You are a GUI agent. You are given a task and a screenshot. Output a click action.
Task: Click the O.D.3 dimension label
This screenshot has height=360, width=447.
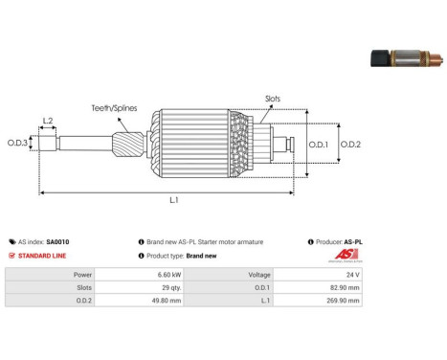click(17, 143)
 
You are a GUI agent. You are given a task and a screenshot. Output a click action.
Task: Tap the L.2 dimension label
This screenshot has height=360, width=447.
click(48, 121)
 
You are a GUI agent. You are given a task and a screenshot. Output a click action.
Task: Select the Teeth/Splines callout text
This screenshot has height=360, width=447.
click(114, 108)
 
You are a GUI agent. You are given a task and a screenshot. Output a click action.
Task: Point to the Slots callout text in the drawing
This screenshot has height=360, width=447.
click(273, 99)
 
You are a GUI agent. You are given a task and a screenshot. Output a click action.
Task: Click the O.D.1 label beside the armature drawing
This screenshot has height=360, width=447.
click(319, 145)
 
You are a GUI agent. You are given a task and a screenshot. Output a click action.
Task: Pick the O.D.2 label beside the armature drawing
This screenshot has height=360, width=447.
click(350, 145)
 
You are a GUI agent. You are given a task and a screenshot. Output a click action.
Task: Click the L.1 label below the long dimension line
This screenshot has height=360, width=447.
click(174, 200)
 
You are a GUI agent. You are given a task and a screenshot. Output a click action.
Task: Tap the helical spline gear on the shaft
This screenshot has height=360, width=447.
click(128, 145)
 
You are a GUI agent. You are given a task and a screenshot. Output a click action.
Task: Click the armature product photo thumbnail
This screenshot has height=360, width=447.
click(407, 58)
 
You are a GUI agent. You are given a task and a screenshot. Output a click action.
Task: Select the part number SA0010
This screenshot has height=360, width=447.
click(57, 242)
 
